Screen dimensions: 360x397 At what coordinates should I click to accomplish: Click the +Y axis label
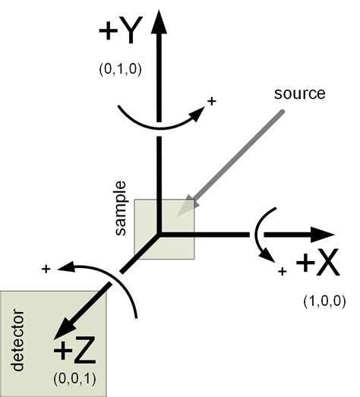click(121, 30)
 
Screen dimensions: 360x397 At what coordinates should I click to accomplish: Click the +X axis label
click(317, 263)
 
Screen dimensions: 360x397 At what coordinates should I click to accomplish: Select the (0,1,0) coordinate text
click(120, 69)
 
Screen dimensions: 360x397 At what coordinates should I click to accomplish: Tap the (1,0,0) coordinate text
click(324, 301)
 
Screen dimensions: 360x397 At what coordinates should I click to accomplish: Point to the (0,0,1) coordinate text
click(74, 379)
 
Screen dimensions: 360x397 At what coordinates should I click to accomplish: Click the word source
click(300, 93)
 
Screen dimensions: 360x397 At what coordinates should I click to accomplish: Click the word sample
click(120, 208)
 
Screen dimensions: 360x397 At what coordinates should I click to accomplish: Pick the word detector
click(17, 340)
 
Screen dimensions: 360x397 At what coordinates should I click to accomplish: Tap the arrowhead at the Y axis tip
click(159, 22)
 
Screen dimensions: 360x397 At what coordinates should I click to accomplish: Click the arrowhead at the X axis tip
click(323, 235)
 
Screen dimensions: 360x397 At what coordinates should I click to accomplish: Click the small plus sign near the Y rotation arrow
click(212, 101)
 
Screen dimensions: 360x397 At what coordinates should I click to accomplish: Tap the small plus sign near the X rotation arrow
click(283, 272)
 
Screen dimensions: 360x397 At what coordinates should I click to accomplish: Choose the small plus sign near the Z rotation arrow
click(46, 269)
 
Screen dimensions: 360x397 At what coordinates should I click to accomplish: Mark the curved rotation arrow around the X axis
click(257, 235)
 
